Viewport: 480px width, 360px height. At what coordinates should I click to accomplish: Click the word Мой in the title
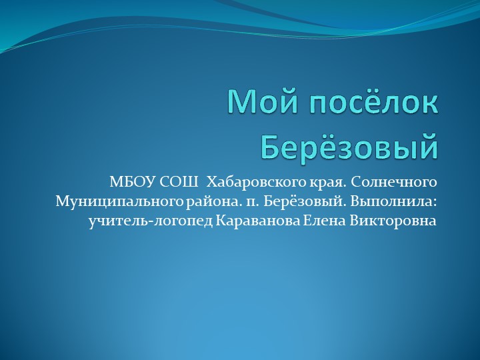[257, 103]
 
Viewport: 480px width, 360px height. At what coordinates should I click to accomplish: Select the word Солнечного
[394, 181]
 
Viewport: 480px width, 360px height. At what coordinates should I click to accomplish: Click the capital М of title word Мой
[240, 103]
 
